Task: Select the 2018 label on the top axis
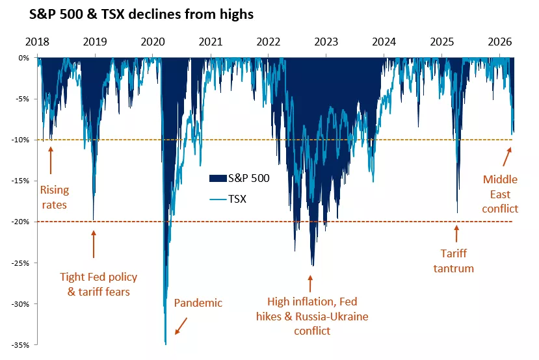click(x=38, y=42)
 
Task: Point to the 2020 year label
click(x=153, y=42)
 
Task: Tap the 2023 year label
click(x=326, y=42)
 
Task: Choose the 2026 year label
click(x=500, y=42)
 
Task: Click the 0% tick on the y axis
click(x=23, y=58)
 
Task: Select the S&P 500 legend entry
click(x=239, y=177)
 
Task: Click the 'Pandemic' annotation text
click(x=198, y=303)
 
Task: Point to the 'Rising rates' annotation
click(x=55, y=198)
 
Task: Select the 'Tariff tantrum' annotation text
click(x=454, y=261)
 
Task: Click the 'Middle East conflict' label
click(x=501, y=194)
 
